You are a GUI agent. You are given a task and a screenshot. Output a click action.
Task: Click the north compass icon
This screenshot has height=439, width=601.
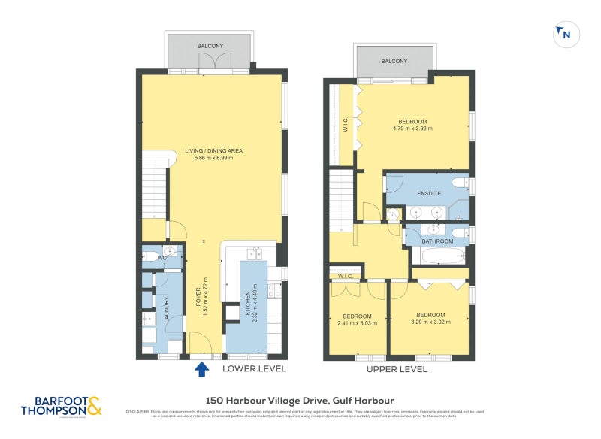coord(565,33)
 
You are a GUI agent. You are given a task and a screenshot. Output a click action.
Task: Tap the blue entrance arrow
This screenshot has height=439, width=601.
coord(201,369)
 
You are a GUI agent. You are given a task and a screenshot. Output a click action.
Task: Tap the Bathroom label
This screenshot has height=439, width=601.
coord(436,241)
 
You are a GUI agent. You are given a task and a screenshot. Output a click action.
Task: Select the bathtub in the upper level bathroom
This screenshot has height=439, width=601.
coord(439,256)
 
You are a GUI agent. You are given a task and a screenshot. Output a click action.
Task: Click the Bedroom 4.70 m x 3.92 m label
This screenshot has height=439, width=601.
coord(412,125)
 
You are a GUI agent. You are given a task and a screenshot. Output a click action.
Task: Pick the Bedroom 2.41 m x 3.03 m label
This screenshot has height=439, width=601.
coord(357,319)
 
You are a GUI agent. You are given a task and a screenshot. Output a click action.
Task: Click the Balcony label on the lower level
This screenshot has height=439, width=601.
coord(210,47)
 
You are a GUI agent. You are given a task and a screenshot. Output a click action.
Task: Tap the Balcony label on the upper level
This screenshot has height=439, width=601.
coord(394,62)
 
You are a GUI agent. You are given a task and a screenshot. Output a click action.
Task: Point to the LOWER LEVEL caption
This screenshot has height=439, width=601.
coord(255,370)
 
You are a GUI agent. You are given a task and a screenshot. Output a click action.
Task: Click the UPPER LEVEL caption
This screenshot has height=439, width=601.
coord(396,370)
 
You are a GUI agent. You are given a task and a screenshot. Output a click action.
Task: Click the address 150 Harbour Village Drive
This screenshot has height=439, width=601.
coord(300,401)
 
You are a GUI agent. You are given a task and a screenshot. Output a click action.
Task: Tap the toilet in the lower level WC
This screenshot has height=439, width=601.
coord(152,257)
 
